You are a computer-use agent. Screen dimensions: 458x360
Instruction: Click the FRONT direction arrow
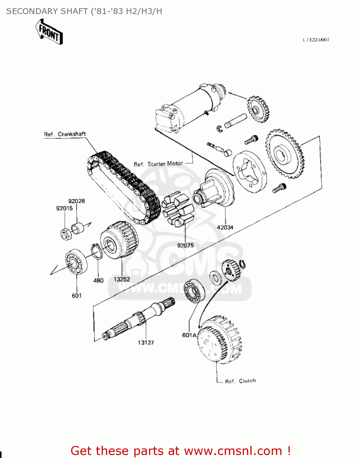pos(49,32)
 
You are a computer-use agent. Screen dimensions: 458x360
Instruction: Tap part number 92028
pos(76,201)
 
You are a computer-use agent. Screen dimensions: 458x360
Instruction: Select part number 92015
pos(64,208)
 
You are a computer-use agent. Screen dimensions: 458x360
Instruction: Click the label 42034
pos(225,227)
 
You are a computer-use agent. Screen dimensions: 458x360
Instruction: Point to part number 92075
pos(185,245)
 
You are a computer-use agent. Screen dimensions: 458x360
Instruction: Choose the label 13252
pos(122,279)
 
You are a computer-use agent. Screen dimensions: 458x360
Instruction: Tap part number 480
pos(98,280)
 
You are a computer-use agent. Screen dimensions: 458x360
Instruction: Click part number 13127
pos(146,343)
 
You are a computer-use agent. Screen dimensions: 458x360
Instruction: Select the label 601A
pos(189,335)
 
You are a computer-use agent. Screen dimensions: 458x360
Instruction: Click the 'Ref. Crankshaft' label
pos(65,134)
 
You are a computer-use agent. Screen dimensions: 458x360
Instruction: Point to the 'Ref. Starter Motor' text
pos(158,164)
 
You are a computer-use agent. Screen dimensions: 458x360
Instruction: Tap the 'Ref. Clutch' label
pos(240,381)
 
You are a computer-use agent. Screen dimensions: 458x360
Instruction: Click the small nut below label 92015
pos(65,234)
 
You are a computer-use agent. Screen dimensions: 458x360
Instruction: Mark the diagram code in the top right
pos(316,40)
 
